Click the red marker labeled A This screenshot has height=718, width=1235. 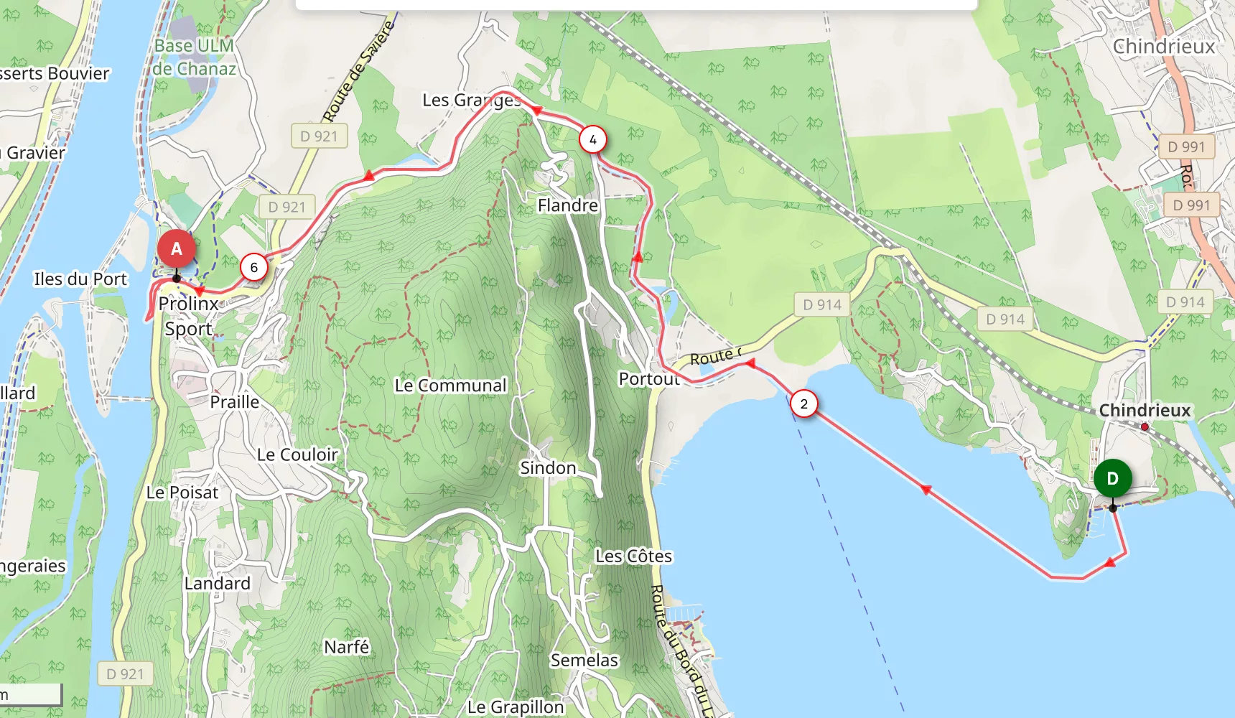point(177,248)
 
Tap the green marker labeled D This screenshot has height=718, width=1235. point(1112,478)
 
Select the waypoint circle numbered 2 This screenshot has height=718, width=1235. point(803,404)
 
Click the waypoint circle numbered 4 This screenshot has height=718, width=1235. point(592,140)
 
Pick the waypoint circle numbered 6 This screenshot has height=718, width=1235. point(253,267)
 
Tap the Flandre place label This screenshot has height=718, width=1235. point(567,206)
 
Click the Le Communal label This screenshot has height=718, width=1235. point(450,386)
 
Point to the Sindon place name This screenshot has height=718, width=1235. point(548,468)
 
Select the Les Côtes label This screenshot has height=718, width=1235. point(633,556)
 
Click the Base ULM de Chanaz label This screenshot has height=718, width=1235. point(194,57)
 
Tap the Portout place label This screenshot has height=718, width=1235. point(648,378)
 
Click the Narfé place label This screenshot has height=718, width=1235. point(346,647)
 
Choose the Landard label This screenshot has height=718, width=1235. point(217,583)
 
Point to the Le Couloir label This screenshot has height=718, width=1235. point(297,454)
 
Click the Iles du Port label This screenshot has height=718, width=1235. point(80,279)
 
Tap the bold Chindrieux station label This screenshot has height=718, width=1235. point(1145,411)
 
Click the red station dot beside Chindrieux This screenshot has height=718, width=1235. point(1145,426)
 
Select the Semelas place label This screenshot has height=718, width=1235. point(584,660)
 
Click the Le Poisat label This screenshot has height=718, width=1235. point(182,493)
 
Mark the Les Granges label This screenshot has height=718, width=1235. point(471,101)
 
